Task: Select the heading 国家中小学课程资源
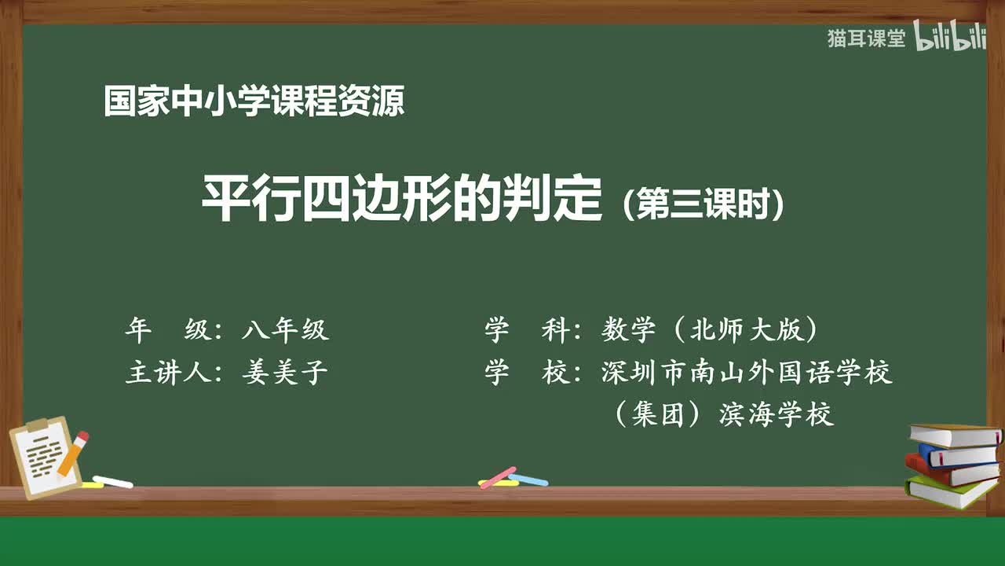coord(254,102)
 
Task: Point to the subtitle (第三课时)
coord(703,204)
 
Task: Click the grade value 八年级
coord(285,330)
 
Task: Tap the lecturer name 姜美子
coord(285,372)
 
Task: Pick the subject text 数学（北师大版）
coord(711,330)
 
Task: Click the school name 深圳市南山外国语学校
coord(747,372)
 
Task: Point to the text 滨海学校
coord(777,414)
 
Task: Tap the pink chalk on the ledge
coord(498,477)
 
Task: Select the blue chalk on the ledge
coord(529,479)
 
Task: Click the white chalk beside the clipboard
coord(113,481)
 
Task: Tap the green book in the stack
coord(950,491)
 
